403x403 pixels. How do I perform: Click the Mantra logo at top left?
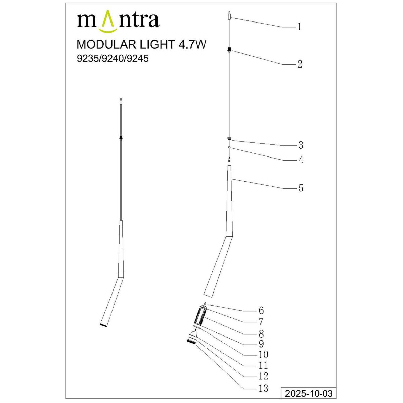(118, 22)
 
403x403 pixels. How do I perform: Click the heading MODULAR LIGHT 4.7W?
(141, 45)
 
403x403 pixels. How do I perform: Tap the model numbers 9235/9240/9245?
(113, 59)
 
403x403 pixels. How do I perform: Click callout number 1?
(299, 27)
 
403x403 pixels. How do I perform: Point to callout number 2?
(300, 64)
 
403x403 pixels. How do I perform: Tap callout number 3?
(301, 145)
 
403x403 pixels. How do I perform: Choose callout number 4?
(301, 160)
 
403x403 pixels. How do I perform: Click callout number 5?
(301, 188)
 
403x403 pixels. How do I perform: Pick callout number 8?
(261, 334)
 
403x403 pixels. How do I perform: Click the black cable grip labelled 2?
(229, 50)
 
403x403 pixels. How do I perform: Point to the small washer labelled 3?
(229, 138)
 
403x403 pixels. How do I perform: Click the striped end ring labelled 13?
(191, 341)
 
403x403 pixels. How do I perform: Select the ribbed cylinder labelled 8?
(200, 316)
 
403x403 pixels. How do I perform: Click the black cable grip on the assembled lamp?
(120, 137)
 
